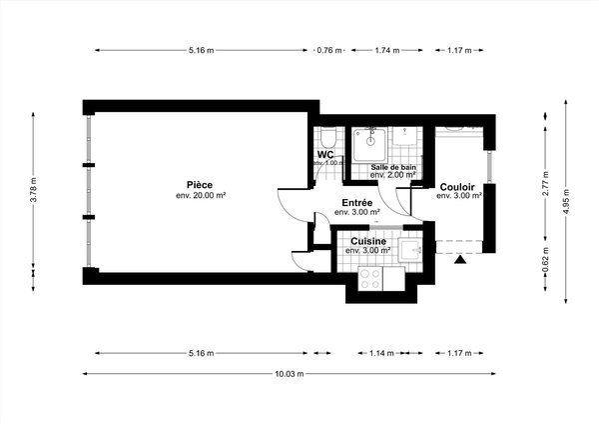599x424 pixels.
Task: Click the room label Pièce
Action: tap(198, 183)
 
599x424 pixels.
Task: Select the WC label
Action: tap(325, 154)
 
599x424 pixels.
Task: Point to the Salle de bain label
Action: tap(393, 166)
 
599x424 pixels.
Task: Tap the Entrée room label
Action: tap(356, 202)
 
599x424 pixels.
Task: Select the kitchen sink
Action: tap(411, 250)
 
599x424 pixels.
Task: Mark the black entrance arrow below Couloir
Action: tap(460, 260)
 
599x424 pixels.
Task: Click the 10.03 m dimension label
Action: tap(289, 374)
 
